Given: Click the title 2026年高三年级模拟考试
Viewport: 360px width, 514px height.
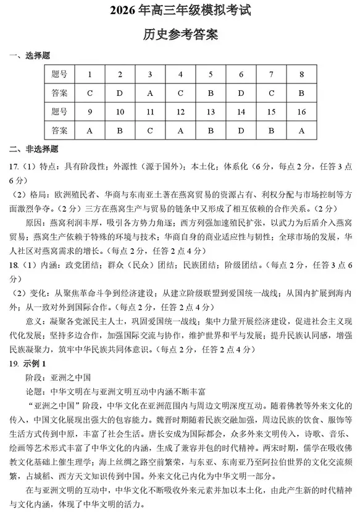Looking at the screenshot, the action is [180, 11].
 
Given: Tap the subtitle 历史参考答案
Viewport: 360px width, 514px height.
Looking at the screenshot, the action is [180, 34].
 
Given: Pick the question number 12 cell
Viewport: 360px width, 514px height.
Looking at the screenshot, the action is [180, 112].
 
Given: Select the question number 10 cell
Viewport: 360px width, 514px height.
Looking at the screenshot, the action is [120, 112].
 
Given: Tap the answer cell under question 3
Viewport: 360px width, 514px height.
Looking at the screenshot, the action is [150, 93].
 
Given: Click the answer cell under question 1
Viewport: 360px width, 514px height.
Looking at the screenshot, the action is [90, 93].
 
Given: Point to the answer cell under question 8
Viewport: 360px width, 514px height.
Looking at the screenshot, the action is [301, 93].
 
